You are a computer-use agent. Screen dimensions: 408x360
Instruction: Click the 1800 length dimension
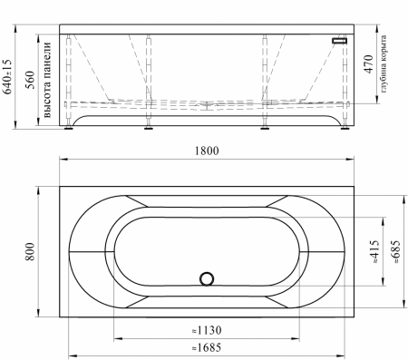pos(207,151)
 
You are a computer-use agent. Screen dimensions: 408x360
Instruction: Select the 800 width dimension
pos(30,251)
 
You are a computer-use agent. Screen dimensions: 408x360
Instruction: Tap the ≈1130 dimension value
pos(207,330)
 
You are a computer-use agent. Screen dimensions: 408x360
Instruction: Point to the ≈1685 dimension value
pos(207,347)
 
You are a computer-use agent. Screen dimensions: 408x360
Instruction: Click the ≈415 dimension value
pos(374,251)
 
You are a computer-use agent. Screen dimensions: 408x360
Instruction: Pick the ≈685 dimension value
pos(395,251)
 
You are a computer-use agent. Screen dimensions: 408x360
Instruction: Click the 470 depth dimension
pos(368,64)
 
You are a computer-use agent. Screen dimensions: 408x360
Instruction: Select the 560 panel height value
pos(30,80)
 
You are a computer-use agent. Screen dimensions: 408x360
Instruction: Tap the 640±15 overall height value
pos(7,76)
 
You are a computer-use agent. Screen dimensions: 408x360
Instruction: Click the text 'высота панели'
pos(48,80)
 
